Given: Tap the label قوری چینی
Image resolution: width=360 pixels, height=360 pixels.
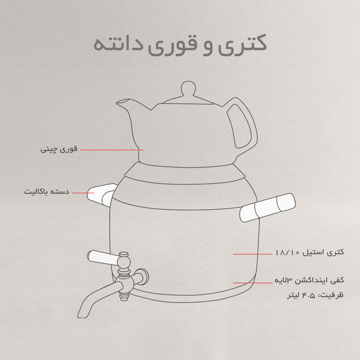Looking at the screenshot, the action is pos(59,150).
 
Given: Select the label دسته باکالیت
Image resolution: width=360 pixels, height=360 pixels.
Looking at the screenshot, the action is pos(46,192).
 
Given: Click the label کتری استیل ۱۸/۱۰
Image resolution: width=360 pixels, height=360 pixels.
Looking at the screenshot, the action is pos(310,252).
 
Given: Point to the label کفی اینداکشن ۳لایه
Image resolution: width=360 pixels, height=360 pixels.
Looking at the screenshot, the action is pos(309,280).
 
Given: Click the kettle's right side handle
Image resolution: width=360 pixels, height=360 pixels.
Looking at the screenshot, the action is pos(267,208).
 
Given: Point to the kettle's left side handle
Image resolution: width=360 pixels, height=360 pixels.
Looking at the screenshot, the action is pos(102,194).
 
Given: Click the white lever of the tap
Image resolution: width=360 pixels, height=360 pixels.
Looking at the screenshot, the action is pos(103,258).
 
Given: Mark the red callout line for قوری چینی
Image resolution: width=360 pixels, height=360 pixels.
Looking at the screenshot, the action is pos(112,150).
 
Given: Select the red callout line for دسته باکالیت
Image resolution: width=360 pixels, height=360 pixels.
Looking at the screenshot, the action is pos(83,193).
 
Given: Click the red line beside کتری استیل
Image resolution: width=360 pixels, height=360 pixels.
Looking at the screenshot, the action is pos(253,254).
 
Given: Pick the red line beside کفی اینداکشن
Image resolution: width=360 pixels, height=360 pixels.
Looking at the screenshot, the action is pos(253,283).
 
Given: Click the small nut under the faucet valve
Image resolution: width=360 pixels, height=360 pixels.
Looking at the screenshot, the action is pos(124,297).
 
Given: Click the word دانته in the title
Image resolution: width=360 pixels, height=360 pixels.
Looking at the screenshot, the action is pos(118,44).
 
